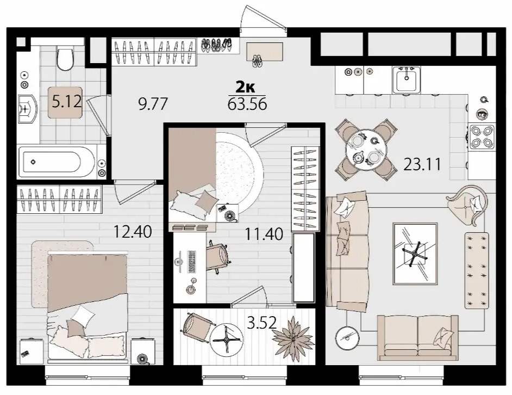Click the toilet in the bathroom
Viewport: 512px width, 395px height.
65,59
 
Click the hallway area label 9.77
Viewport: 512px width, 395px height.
153,104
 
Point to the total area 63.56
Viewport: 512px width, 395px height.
247,104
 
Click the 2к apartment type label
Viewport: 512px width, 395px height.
246,87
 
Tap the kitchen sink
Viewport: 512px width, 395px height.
406,80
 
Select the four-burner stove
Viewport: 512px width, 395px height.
482,137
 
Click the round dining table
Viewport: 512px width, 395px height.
366,150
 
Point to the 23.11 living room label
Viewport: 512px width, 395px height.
422,164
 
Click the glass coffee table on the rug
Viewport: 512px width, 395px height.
415,254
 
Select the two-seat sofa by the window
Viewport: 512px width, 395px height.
417,337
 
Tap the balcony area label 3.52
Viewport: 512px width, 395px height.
262,323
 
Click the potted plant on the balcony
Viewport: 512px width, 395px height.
293,336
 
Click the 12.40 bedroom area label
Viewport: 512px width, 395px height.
132,232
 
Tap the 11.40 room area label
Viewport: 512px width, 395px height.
264,234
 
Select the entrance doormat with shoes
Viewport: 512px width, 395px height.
265,52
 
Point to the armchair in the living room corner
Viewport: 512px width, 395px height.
467,203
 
